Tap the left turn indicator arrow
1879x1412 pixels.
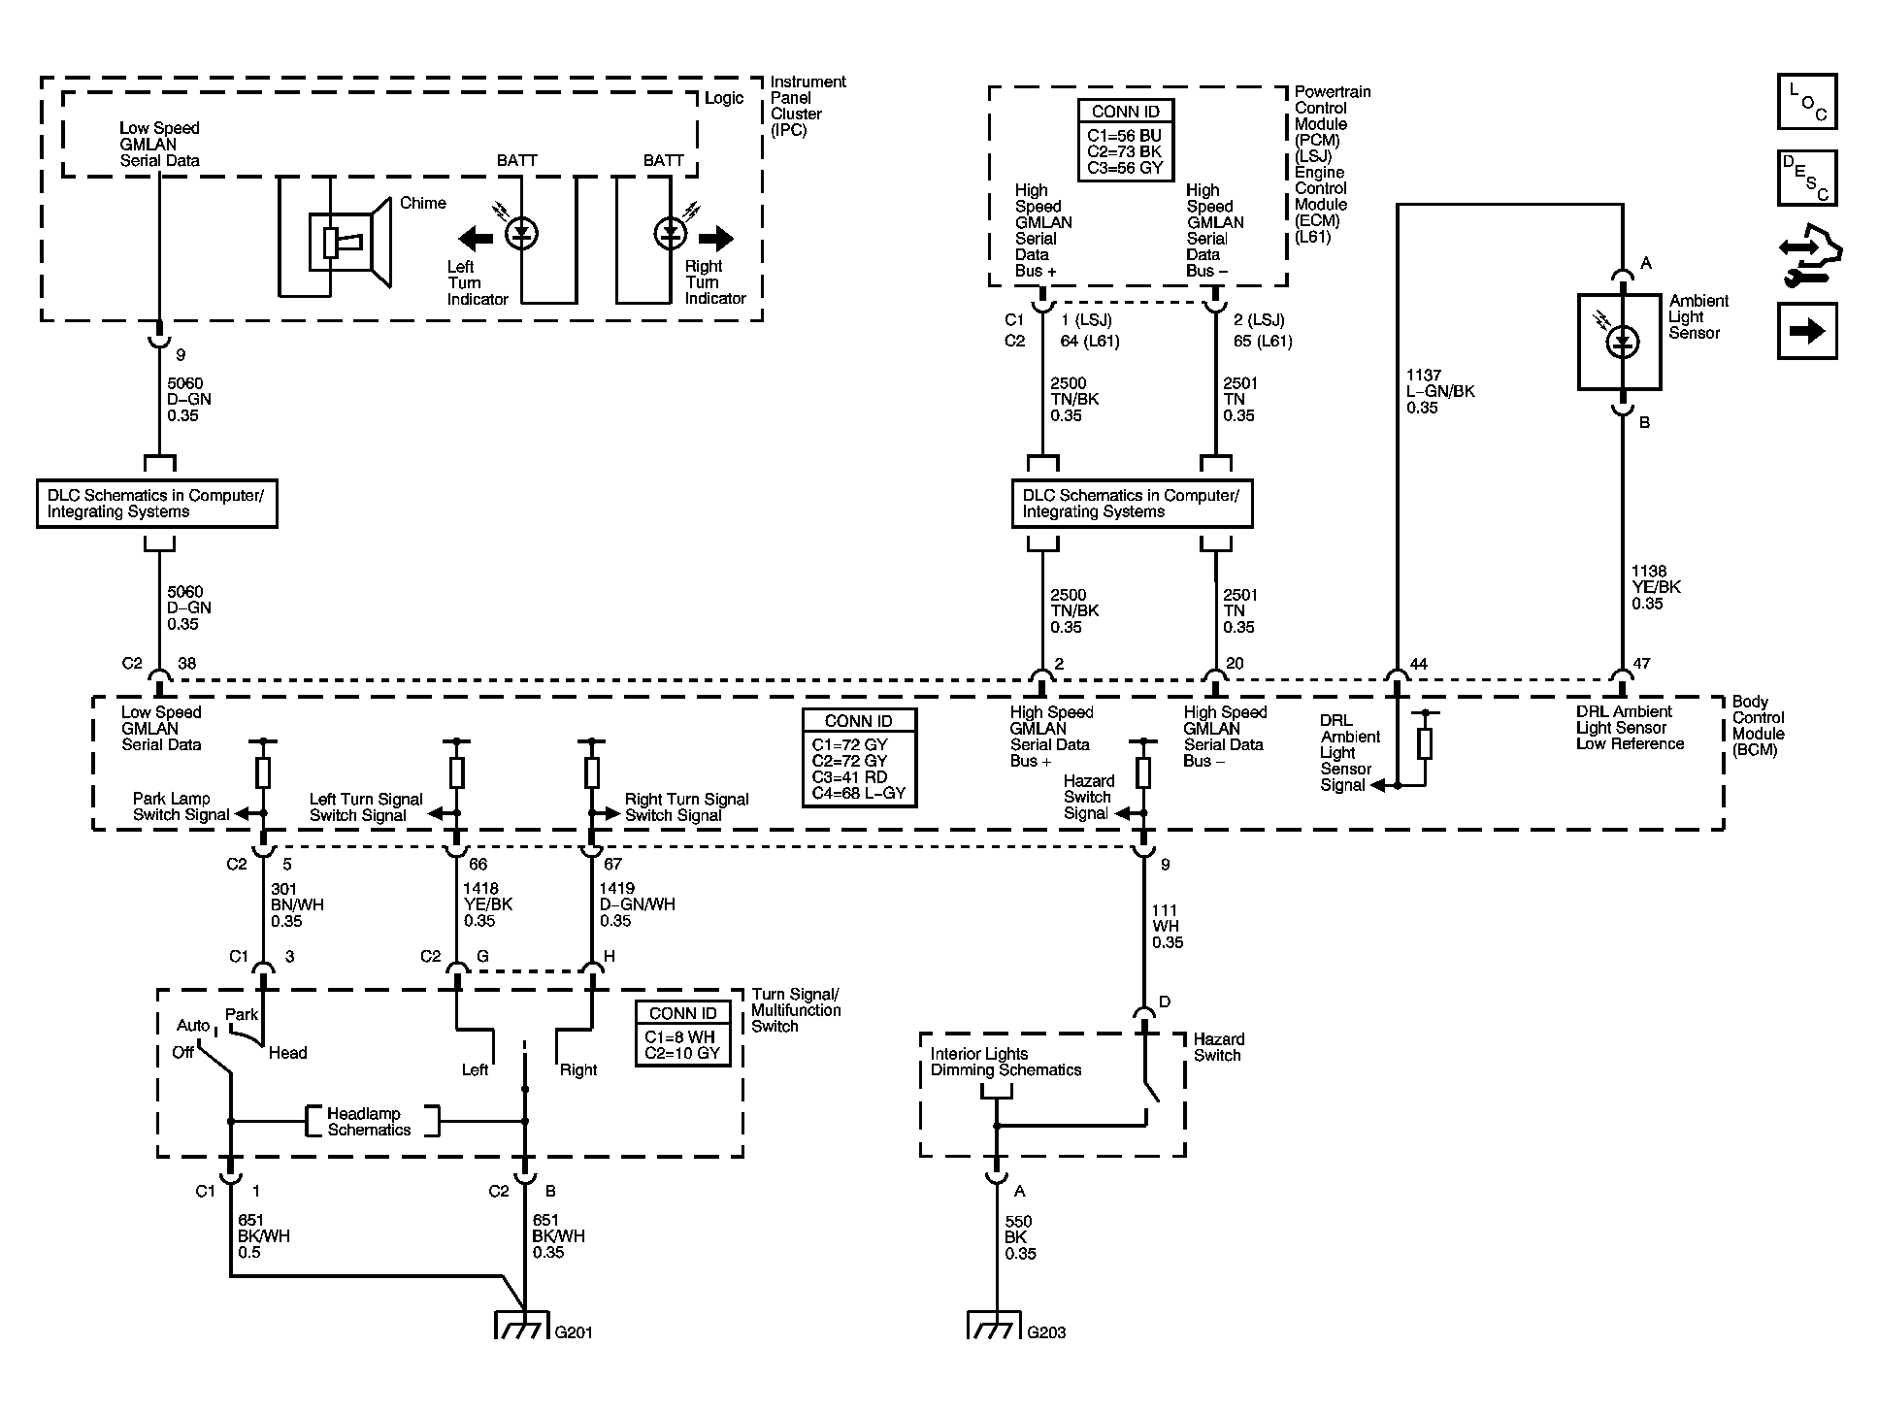tap(476, 238)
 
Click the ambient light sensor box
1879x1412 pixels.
tap(1620, 342)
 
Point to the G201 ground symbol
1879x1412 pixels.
tap(524, 1325)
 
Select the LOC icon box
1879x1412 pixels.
tap(1807, 102)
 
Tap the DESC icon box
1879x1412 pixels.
tap(1807, 179)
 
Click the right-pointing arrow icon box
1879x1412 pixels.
tap(1807, 331)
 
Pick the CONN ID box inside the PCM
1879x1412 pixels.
tap(1126, 140)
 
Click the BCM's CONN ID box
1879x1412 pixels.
tap(859, 757)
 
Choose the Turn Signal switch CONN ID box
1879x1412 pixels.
tap(682, 1034)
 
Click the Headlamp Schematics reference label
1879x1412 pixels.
tap(369, 1122)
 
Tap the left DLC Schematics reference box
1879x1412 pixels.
tap(157, 504)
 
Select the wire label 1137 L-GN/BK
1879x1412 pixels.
tap(1440, 391)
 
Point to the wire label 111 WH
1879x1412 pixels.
tap(1168, 927)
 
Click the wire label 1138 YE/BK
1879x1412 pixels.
tap(1656, 587)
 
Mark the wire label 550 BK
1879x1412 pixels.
tap(1020, 1237)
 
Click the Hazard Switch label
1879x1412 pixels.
tap(1219, 1047)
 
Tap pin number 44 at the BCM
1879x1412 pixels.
tap(1419, 664)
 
